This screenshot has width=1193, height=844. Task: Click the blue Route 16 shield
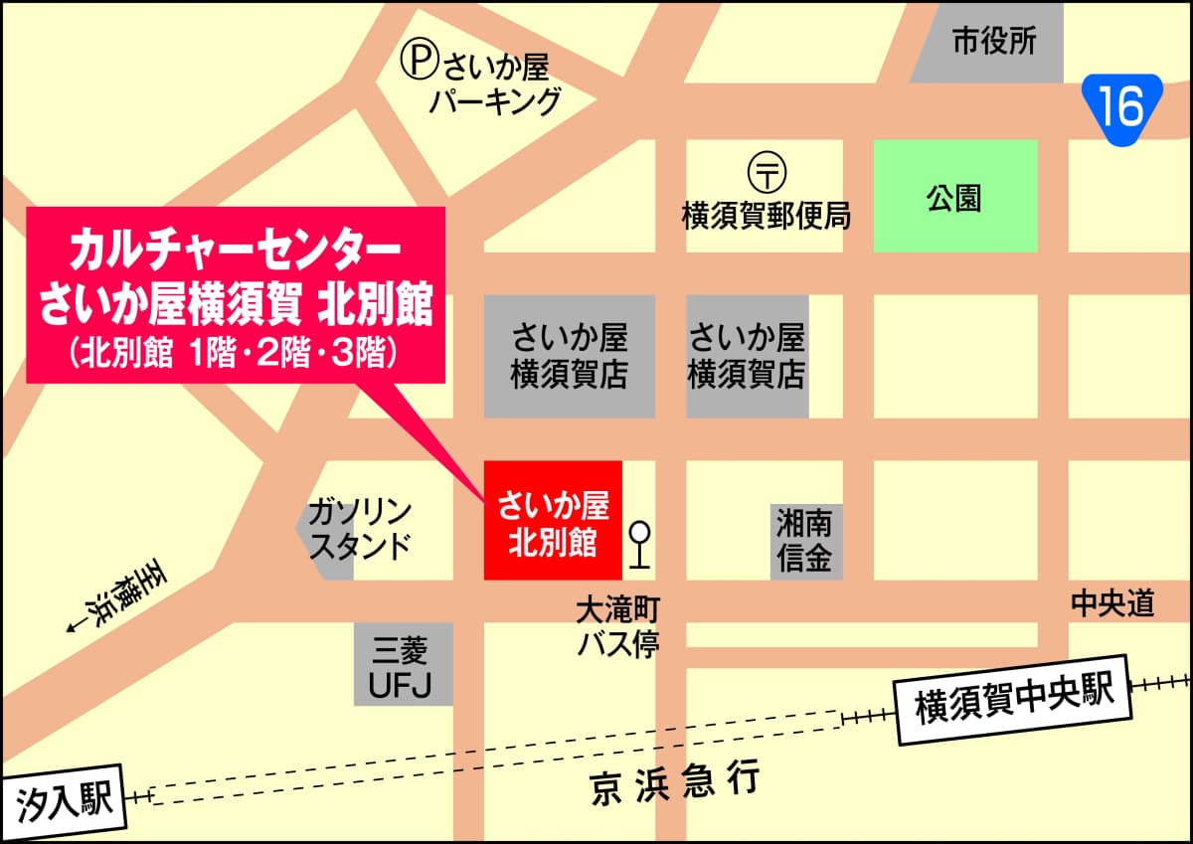tap(1121, 108)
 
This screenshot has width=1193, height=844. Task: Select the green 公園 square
tap(954, 196)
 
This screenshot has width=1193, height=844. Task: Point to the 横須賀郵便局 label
tap(766, 216)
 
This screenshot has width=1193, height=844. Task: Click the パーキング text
tap(495, 101)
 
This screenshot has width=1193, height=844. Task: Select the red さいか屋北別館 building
tap(552, 520)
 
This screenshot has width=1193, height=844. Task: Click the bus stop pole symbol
tap(640, 544)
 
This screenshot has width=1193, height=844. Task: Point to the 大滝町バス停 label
tap(617, 627)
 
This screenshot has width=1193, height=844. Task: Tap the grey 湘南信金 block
tap(806, 542)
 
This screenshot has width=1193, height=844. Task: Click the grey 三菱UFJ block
tap(402, 664)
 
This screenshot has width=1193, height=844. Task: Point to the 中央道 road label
tap(1111, 603)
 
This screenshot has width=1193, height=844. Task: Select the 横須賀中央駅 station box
tap(1013, 699)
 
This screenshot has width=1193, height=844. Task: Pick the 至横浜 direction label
tap(115, 596)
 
